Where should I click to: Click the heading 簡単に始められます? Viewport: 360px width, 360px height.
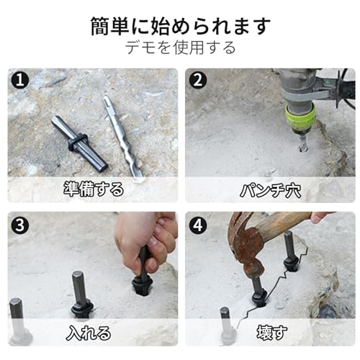(181, 26)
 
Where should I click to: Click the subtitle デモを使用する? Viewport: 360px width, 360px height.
(181, 48)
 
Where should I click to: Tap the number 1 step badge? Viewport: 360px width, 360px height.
(20, 80)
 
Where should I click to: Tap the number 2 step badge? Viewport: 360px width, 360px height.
(198, 80)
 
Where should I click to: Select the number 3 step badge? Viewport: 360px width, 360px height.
(20, 225)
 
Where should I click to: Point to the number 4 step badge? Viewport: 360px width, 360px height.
(198, 225)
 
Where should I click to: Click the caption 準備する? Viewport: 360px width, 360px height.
(94, 189)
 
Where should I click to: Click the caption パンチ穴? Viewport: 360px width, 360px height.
(270, 191)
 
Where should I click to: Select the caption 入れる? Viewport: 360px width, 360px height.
(89, 333)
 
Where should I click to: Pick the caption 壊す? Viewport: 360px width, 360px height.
(271, 333)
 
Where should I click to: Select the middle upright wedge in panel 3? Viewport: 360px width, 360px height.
(81, 294)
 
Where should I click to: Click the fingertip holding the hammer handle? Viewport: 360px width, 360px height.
(319, 217)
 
